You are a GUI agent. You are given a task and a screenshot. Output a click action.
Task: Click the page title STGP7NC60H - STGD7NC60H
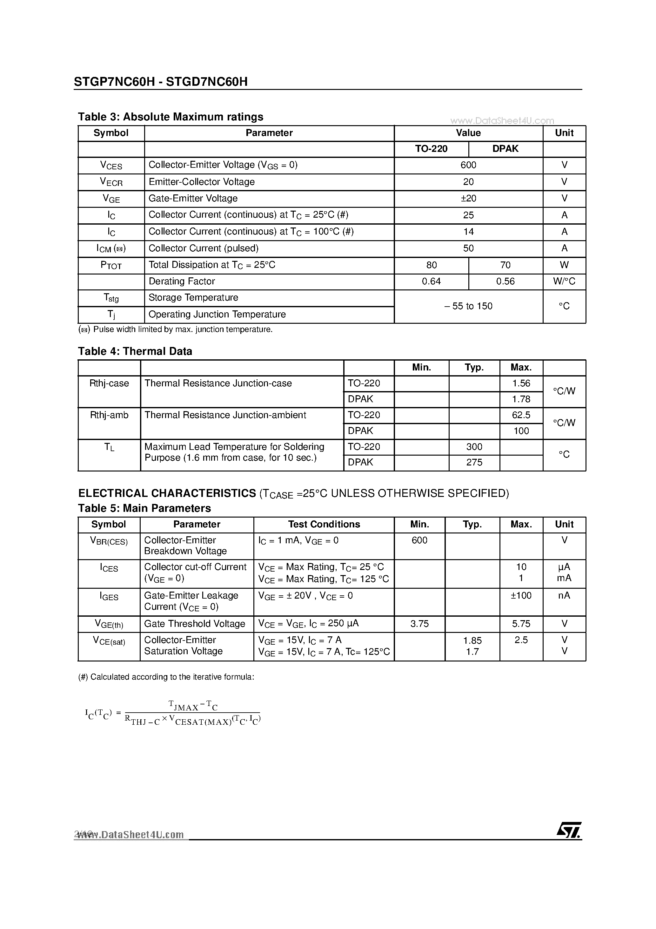161,82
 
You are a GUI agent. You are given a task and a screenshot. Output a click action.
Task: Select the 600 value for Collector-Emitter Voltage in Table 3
468,165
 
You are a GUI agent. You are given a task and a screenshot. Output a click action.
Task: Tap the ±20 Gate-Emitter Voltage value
468,198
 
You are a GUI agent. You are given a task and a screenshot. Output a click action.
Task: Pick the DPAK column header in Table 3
505,149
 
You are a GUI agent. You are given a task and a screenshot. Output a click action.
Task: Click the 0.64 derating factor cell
431,281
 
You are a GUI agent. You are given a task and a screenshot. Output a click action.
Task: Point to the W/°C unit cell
564,281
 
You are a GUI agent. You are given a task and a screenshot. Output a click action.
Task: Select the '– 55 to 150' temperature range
468,306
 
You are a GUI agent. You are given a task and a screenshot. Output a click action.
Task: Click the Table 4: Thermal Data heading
135,351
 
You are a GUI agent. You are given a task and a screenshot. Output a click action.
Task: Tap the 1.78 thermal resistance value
521,399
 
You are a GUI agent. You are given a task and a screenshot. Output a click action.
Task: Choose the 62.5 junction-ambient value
521,415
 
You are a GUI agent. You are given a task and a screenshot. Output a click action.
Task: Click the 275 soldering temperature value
474,463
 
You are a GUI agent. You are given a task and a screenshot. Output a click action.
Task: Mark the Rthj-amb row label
109,415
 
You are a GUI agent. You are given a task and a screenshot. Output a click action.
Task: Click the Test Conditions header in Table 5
324,524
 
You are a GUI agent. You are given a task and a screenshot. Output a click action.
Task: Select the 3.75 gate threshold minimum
419,624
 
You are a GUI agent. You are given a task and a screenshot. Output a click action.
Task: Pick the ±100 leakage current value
521,596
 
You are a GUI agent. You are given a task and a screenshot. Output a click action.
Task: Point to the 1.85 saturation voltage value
472,641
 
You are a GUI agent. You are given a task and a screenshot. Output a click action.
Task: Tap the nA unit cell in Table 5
564,596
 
